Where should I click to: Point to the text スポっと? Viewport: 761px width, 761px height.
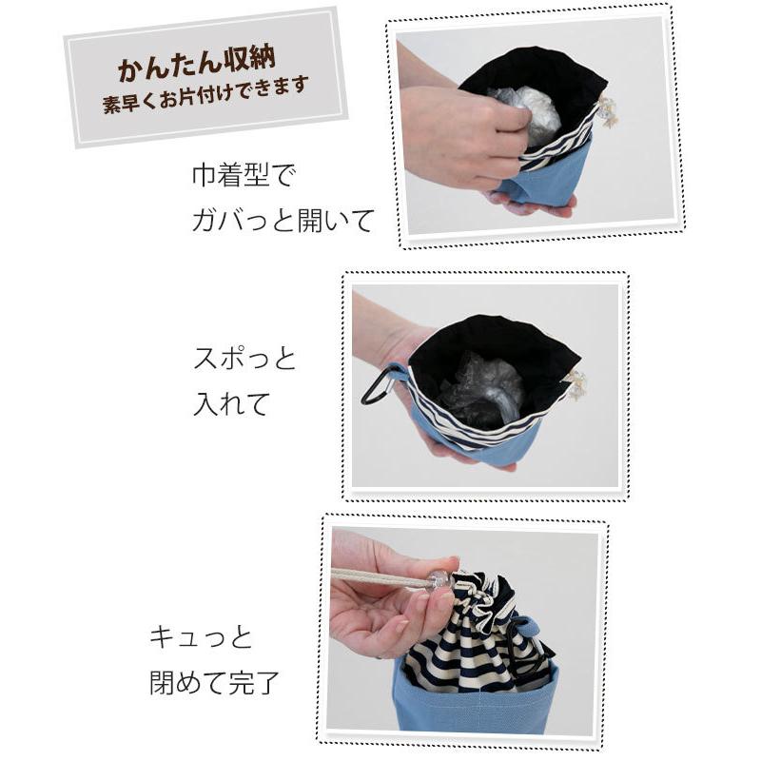tap(244, 360)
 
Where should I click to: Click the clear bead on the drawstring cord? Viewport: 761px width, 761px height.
tap(439, 579)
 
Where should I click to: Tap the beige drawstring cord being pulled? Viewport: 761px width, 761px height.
tap(380, 577)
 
